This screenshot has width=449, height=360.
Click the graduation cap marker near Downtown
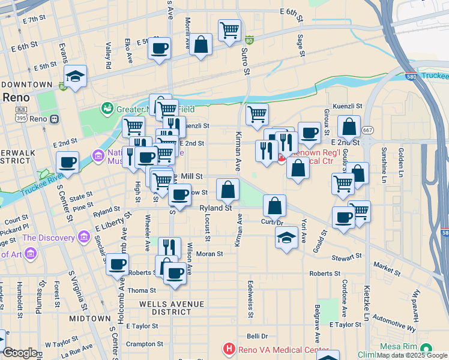[x=76, y=76]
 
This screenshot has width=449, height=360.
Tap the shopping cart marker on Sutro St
[x=229, y=30]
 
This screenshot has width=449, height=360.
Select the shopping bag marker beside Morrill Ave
[x=200, y=44]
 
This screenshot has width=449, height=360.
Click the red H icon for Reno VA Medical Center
[x=228, y=349]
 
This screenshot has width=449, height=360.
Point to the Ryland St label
[x=215, y=208]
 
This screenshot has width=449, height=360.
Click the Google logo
[x=19, y=353]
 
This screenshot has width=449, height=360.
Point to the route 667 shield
[x=368, y=130]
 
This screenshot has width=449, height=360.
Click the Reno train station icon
[x=54, y=119]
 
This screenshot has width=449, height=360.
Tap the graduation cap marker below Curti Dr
[x=287, y=237]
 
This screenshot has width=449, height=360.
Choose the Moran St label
[x=210, y=254]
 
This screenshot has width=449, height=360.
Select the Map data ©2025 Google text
[x=412, y=355]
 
